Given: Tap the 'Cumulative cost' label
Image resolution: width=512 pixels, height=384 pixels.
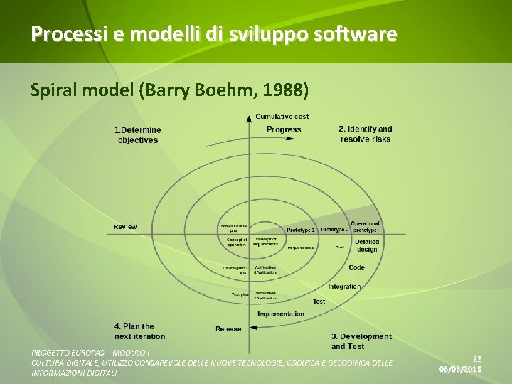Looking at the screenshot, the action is tap(282, 117).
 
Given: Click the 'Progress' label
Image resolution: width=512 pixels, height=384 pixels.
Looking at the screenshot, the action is tap(284, 129).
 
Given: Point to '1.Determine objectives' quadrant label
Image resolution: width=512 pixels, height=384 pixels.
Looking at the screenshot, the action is tap(138, 135).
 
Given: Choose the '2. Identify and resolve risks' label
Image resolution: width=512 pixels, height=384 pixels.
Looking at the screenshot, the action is tap(365, 134).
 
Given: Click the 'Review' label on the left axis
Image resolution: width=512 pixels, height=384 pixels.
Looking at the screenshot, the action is tap(125, 227).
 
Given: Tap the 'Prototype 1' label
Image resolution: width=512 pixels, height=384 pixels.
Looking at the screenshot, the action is tap(300, 230).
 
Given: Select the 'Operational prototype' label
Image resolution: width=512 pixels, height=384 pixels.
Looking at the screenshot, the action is tap(365, 227).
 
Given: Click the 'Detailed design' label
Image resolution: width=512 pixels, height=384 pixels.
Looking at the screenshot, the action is tap(367, 245).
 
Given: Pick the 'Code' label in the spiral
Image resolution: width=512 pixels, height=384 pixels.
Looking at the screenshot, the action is tap(356, 267).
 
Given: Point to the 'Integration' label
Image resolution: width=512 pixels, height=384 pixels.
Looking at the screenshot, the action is tap(344, 287).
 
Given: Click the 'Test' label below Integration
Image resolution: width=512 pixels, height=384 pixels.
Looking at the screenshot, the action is tap(319, 302).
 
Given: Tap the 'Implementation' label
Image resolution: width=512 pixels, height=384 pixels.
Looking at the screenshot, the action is tap(280, 314).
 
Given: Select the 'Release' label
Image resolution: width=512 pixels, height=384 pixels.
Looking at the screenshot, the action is tap(228, 329).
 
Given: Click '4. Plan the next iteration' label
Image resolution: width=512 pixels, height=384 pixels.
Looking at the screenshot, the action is tap(139, 331).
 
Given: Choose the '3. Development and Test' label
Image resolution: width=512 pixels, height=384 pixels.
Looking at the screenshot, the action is tap(361, 341).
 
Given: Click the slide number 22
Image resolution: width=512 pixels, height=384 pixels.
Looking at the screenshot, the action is tap(477, 360).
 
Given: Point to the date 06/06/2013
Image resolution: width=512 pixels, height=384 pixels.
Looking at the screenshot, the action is tap(460, 370).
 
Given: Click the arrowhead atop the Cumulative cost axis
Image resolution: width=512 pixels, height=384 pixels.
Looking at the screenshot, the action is tap(248, 119).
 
